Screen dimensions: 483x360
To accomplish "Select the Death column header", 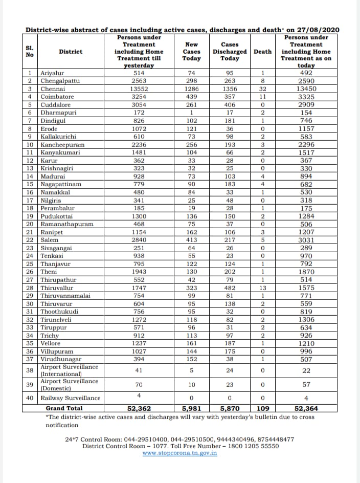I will [262, 52].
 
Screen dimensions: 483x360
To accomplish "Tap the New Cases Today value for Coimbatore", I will [191, 96].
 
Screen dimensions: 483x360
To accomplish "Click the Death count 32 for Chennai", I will [262, 89].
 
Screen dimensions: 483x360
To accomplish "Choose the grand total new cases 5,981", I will [191, 408].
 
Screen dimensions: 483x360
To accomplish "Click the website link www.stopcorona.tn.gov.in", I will [179, 453].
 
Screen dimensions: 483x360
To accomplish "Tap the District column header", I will [71, 52].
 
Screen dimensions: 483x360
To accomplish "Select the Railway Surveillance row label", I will [71, 398].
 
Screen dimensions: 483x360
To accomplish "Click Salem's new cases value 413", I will [191, 239].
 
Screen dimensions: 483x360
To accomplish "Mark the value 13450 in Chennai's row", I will [306, 89].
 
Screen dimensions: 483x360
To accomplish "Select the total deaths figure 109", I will [262, 408].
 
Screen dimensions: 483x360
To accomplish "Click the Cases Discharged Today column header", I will [230, 52].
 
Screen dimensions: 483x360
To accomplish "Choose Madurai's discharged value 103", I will [230, 175].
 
